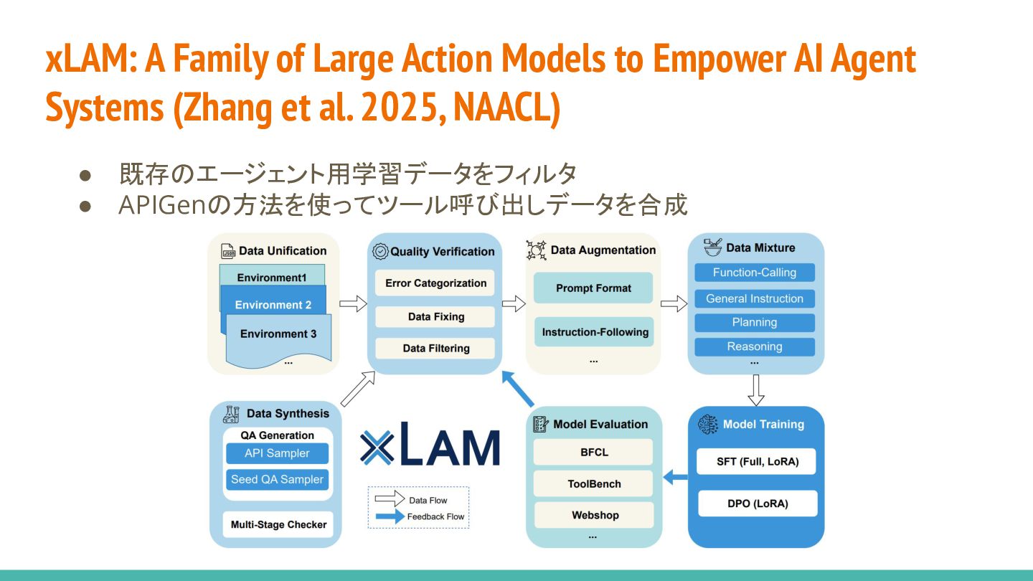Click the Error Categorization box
[x=435, y=283]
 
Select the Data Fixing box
[x=435, y=316]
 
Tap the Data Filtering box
[x=435, y=349]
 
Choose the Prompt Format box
[x=593, y=288]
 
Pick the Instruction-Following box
[x=594, y=332]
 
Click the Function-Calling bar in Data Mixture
[x=755, y=273]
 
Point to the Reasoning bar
[x=755, y=346]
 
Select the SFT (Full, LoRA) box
[x=757, y=461]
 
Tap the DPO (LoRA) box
[x=757, y=504]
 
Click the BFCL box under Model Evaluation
[x=593, y=453]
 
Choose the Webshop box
[x=594, y=515]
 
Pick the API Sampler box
[x=277, y=453]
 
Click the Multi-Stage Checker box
[x=278, y=524]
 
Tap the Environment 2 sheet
[x=273, y=305]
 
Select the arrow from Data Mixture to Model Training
[x=756, y=390]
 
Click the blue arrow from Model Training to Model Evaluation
[x=675, y=476]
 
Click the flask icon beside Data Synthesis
[x=231, y=414]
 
